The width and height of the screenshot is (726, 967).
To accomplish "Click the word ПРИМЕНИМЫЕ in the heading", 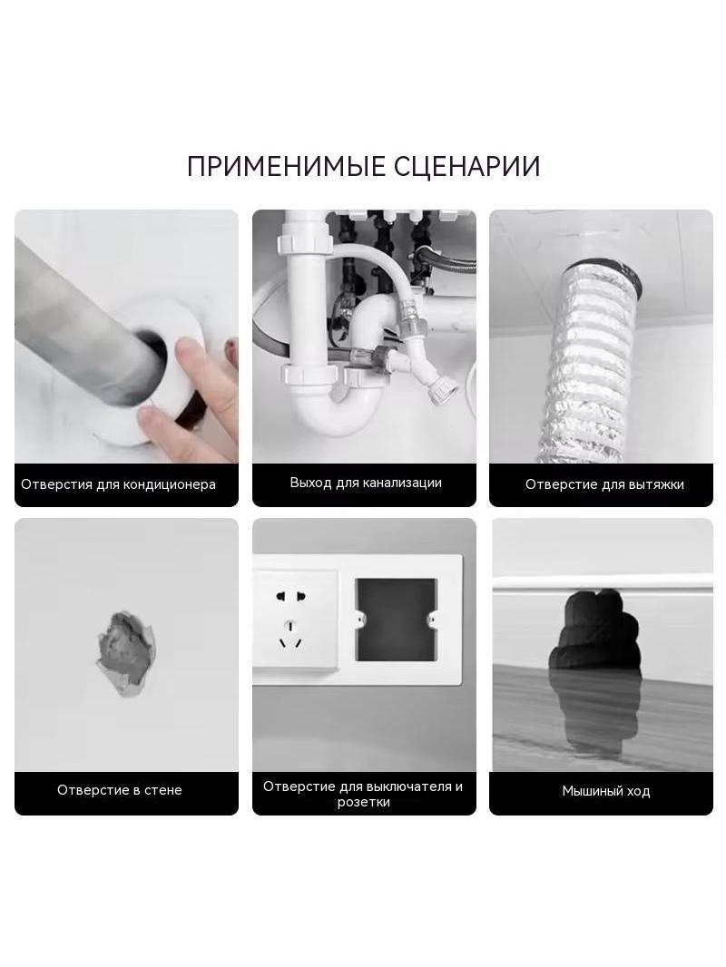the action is [x=285, y=167].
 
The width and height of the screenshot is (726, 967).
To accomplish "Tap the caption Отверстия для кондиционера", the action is [x=119, y=484].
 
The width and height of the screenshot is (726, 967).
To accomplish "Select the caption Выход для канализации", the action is [x=366, y=483].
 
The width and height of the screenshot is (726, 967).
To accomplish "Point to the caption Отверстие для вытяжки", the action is [x=604, y=484].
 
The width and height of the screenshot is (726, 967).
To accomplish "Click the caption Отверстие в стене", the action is [x=120, y=790].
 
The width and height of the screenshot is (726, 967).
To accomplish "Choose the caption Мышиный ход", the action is [x=605, y=791].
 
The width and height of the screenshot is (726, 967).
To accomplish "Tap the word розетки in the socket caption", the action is [x=363, y=802].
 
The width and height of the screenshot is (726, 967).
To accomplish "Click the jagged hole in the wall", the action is [x=124, y=652].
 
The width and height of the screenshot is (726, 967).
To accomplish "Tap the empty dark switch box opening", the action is [x=396, y=620].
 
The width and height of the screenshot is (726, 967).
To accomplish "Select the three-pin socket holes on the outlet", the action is [x=290, y=635].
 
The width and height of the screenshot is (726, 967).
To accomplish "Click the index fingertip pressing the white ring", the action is [x=186, y=356].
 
